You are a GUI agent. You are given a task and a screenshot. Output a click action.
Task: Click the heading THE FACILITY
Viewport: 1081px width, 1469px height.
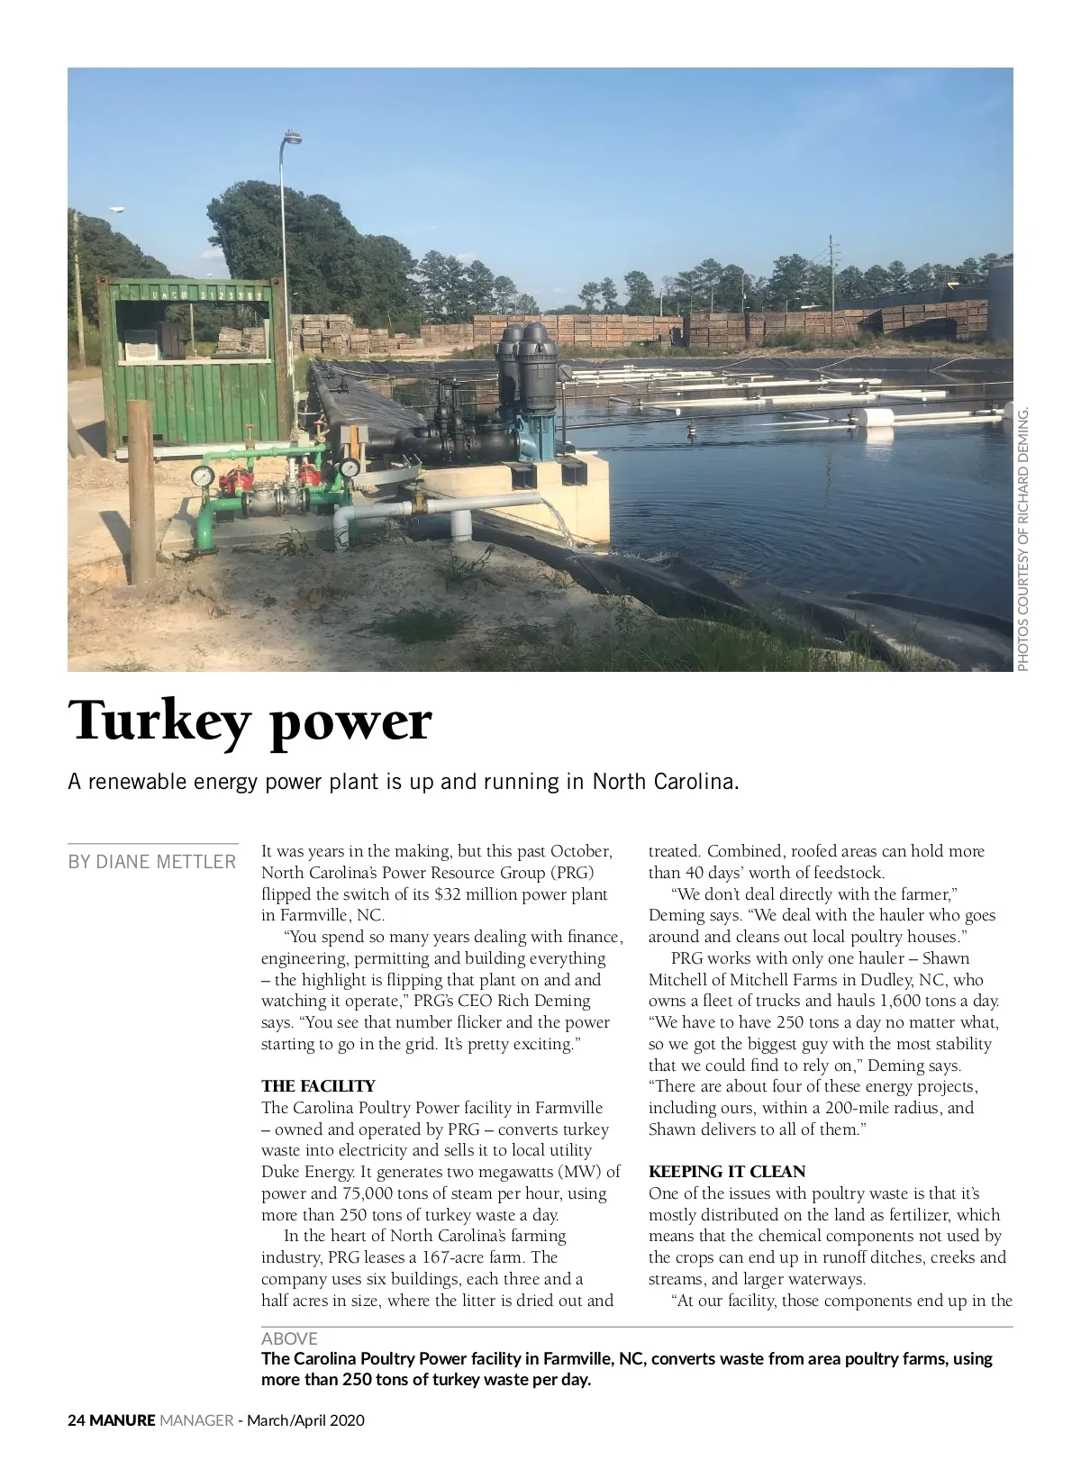(318, 1086)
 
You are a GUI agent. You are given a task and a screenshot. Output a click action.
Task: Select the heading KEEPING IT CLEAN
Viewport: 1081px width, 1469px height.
(727, 1172)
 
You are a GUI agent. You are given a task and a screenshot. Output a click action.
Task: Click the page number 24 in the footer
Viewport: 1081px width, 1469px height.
(77, 1420)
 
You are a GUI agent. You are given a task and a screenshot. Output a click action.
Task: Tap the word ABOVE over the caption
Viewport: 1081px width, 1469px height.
(289, 1339)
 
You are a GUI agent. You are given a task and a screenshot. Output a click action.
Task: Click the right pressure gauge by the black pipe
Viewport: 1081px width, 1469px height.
(349, 467)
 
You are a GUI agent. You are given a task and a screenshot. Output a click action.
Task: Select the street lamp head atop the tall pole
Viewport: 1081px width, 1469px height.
(293, 138)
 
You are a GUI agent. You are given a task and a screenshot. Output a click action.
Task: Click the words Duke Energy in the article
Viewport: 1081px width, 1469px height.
(306, 1173)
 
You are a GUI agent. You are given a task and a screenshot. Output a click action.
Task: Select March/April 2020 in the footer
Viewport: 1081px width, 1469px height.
(305, 1420)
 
